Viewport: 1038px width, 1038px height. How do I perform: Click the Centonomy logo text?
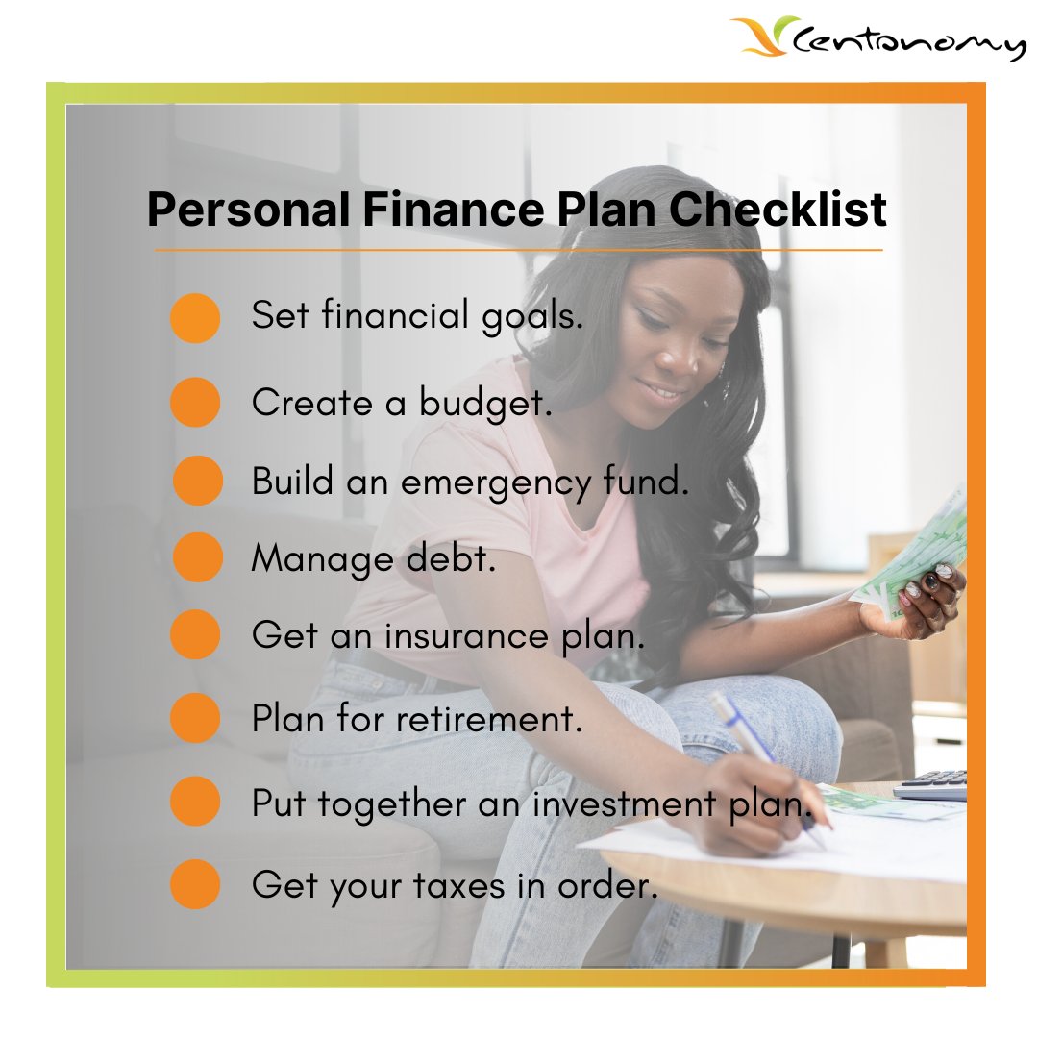(908, 43)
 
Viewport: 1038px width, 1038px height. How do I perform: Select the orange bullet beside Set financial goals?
(195, 318)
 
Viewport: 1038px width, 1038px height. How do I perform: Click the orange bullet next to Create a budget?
(195, 402)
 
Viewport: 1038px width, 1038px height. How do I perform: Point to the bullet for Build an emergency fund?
(198, 481)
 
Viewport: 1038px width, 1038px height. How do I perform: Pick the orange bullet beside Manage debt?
(198, 557)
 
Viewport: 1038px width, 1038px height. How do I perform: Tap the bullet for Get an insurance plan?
(195, 634)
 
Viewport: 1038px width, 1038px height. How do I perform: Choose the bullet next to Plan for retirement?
(195, 718)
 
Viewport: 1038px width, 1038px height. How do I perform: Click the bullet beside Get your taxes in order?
(195, 884)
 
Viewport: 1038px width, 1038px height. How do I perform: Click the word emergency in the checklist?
(481, 482)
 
